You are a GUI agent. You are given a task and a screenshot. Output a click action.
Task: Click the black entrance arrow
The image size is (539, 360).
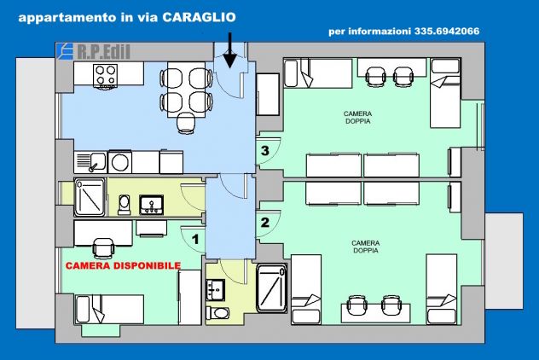tap(229, 50)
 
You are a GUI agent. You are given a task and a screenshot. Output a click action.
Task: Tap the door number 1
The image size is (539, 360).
tap(195, 239)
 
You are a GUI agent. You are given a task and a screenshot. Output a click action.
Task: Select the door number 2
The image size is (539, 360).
tap(264, 222)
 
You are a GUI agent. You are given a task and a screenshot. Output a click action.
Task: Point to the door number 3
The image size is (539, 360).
tap(264, 150)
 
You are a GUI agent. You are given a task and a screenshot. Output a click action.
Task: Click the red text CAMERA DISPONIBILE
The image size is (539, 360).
tap(123, 266)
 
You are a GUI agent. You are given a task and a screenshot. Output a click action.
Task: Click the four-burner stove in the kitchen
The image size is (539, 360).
tap(105, 76)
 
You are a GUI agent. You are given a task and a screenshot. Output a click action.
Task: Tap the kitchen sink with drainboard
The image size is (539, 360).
tap(90, 162)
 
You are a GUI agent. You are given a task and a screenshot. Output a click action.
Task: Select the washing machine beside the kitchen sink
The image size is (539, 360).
tap(119, 161)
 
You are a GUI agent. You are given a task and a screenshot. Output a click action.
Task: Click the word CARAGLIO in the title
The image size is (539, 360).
tap(199, 17)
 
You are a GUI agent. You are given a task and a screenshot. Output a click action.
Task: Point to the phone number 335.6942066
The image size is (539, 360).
tap(447, 32)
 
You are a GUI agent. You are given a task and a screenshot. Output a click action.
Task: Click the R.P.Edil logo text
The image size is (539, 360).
tap(103, 52)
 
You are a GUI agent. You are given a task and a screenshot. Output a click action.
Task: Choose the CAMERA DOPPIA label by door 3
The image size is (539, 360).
tap(358, 117)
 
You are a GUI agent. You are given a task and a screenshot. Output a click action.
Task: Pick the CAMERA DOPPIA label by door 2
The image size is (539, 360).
tap(365, 247)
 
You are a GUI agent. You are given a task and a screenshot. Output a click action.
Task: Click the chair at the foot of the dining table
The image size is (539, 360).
tap(186, 123)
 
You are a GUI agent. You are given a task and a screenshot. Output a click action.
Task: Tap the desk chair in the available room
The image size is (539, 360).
tap(103, 248)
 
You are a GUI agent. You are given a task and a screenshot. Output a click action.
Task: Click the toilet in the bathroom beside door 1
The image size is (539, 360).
tap(125, 205)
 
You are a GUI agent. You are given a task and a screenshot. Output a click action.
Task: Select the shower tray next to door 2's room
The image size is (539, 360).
tap(271, 288)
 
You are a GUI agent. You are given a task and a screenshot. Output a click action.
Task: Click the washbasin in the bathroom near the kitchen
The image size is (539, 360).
tap(151, 205)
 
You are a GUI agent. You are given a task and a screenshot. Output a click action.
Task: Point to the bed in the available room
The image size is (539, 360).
tap(109, 309)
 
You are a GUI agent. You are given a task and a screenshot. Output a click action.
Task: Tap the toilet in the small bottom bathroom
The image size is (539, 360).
tap(217, 313)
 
